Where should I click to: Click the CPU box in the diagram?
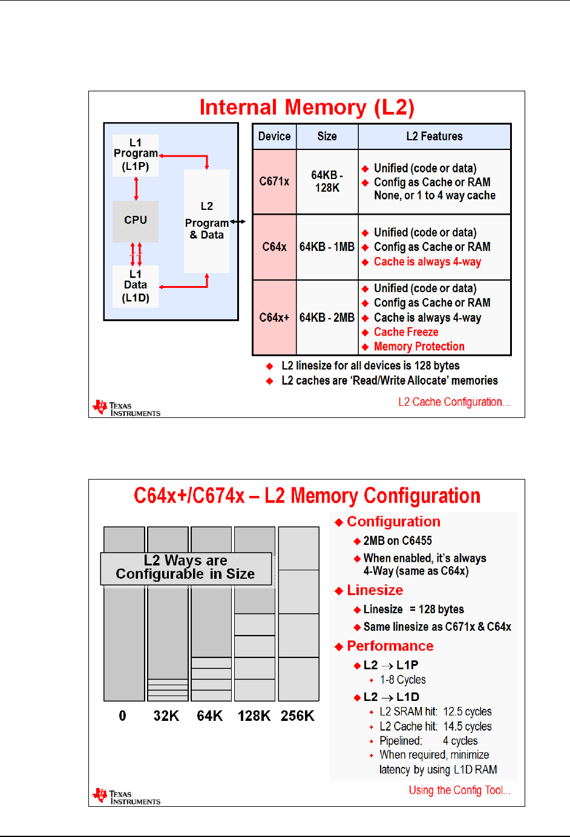(x=136, y=221)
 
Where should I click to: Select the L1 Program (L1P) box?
(x=136, y=155)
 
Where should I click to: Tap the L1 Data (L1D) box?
(x=136, y=286)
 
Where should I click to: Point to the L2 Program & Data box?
(x=206, y=221)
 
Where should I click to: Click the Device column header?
(x=274, y=137)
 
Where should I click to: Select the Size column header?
(x=327, y=137)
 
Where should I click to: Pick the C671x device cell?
(x=274, y=181)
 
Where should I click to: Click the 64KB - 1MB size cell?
(x=327, y=247)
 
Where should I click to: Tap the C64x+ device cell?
(x=274, y=318)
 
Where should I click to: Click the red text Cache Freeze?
(x=406, y=332)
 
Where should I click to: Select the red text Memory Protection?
(x=419, y=347)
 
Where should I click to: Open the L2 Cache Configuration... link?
(x=454, y=402)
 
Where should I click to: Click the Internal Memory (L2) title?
(x=307, y=108)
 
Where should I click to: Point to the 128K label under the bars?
(x=254, y=716)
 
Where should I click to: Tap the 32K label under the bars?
(x=166, y=716)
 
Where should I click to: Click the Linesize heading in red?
(x=375, y=590)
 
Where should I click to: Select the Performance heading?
(x=390, y=646)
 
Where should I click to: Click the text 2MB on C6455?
(x=398, y=541)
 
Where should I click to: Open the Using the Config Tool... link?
(x=459, y=790)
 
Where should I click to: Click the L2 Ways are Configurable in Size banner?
(x=186, y=568)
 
